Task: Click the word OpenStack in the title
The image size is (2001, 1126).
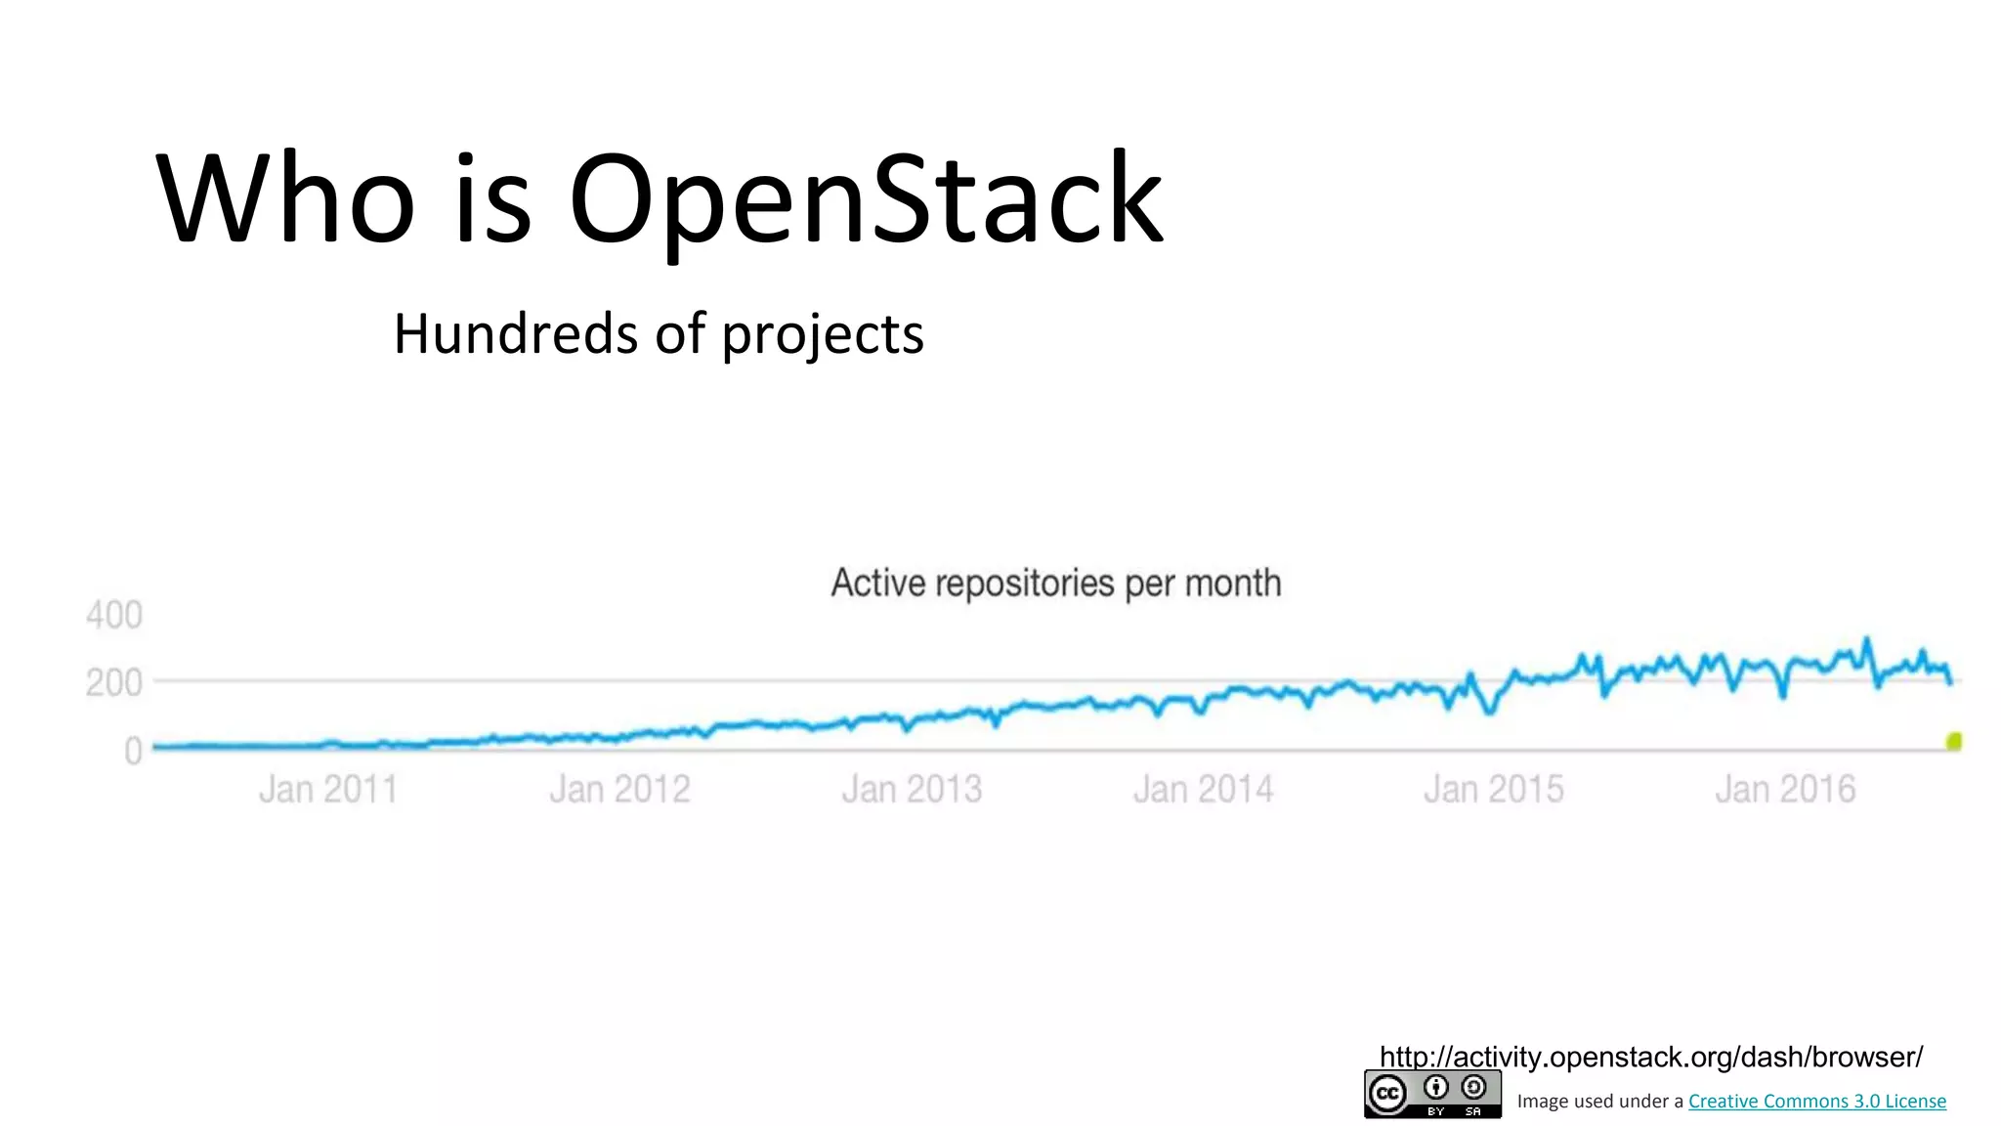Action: coord(865,198)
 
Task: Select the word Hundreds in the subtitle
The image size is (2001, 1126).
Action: coord(516,334)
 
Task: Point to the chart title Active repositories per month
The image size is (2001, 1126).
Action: coord(1055,583)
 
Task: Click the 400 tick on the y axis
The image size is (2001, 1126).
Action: coord(114,615)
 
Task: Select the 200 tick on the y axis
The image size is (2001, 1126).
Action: coord(114,682)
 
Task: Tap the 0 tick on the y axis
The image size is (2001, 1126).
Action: coord(133,751)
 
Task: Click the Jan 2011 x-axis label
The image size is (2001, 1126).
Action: coord(328,789)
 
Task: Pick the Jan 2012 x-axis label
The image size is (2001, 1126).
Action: coord(619,789)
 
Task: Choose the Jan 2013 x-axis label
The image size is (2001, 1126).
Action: coord(912,789)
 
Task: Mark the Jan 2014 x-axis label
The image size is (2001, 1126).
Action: coord(1203,789)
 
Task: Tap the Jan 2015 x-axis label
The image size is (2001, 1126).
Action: coord(1494,789)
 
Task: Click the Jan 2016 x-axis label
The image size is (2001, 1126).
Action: coord(1785,789)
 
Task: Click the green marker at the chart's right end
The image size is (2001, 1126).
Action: coord(1954,741)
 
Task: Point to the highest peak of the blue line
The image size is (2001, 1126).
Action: coord(1866,640)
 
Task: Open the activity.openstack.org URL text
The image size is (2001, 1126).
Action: coord(1650,1057)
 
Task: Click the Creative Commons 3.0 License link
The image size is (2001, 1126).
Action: coord(1816,1101)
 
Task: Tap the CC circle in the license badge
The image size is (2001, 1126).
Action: coord(1387,1093)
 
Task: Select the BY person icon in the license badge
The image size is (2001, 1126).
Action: coord(1435,1087)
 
